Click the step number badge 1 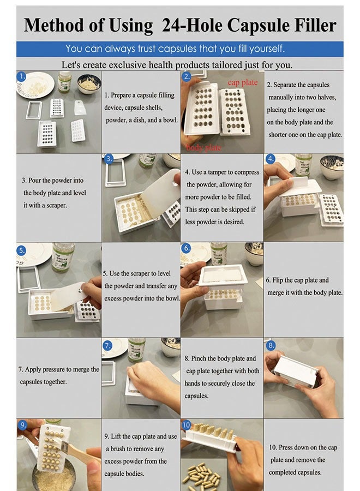pos(21,76)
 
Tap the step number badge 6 pos(186,248)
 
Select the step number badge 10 pos(186,425)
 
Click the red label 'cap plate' pos(243,82)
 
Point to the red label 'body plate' pos(203,147)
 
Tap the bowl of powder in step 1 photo pos(89,83)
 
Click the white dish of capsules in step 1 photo pos(35,85)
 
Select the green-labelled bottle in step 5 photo pos(63,258)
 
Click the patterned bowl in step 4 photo pos(332,167)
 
